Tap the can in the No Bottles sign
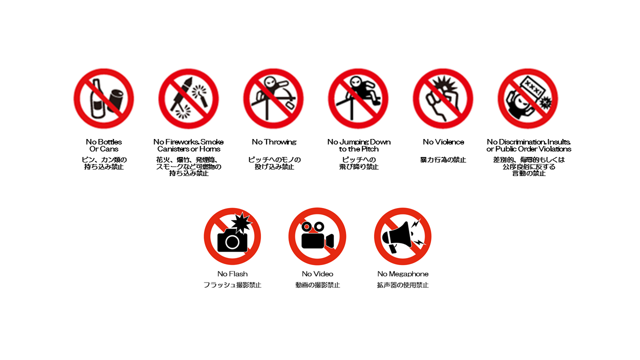116,101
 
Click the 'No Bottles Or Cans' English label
103,145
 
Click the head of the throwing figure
269,82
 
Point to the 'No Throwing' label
274,142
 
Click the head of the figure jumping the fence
356,81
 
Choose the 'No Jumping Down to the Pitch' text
359,145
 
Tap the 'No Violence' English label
443,142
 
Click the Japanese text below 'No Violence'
443,159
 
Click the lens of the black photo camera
232,242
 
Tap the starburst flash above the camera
241,223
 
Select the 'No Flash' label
232,274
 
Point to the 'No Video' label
317,274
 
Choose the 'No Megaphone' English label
403,274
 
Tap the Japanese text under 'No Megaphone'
403,285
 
